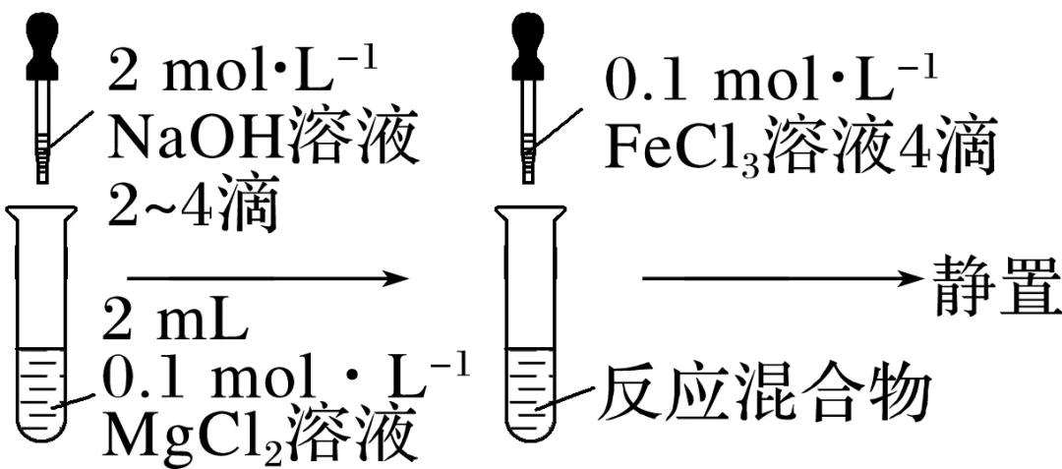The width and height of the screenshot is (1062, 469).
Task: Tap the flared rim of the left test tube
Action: pyautogui.click(x=39, y=208)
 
